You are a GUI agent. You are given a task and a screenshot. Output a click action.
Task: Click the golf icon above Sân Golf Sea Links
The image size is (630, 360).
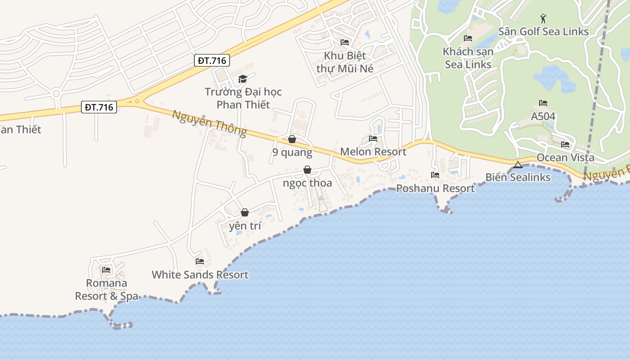tap(543, 18)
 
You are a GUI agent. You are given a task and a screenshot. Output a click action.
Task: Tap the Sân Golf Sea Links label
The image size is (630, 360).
tap(543, 31)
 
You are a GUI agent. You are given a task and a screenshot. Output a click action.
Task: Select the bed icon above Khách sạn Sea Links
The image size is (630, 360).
tap(468, 38)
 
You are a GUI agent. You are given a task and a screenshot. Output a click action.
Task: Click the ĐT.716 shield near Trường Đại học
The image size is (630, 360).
tap(212, 60)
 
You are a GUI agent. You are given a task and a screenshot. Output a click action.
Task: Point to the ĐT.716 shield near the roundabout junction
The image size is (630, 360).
tap(99, 107)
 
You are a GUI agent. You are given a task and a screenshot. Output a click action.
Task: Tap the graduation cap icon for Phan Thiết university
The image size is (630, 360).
tap(243, 79)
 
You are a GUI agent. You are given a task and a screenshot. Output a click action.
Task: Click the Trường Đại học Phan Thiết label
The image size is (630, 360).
tap(243, 98)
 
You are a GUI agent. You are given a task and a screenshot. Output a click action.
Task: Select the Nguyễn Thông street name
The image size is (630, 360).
tap(209, 122)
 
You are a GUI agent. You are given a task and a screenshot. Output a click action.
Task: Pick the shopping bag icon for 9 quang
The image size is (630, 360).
tap(292, 139)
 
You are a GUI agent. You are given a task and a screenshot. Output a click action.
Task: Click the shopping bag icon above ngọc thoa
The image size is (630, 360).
tap(307, 170)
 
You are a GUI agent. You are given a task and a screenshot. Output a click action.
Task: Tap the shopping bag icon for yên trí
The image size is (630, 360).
tap(245, 212)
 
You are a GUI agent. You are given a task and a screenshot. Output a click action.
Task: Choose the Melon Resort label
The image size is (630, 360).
tap(373, 152)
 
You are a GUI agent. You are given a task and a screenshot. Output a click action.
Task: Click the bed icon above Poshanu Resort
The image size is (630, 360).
tap(435, 175)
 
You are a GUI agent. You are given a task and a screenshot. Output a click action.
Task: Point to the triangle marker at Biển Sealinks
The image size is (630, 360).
tap(517, 165)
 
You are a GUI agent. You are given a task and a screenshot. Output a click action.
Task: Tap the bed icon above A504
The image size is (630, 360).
tap(543, 103)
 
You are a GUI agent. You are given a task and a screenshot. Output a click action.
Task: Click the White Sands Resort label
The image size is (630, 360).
tap(200, 274)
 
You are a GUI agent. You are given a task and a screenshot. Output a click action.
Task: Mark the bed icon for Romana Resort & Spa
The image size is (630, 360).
tap(106, 270)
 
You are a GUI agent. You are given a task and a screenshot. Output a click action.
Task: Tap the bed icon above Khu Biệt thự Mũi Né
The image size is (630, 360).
tap(345, 42)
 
